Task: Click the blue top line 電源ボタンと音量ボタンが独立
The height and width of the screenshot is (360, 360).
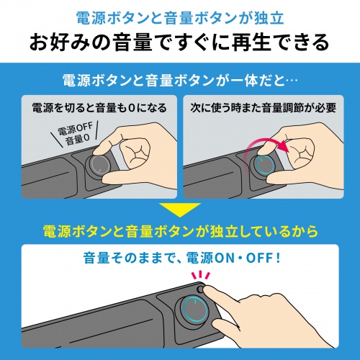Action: tap(180, 15)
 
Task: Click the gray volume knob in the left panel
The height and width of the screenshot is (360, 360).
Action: tap(98, 166)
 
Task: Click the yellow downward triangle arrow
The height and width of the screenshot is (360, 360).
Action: tap(180, 210)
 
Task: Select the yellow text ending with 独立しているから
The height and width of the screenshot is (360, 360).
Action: tap(180, 232)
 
